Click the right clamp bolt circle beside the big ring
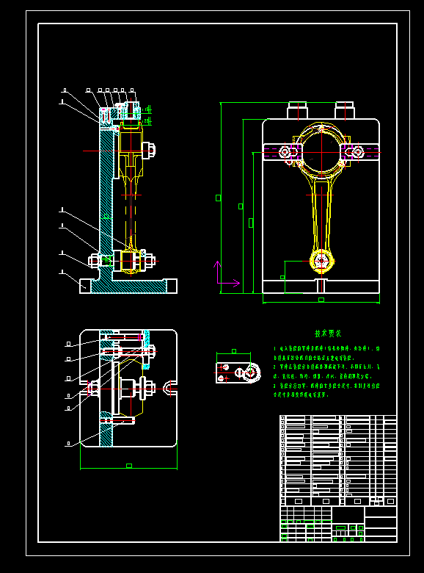coord(357,153)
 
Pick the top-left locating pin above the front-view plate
coord(296,110)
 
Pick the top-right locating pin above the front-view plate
coord(345,110)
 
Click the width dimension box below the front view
coord(321,300)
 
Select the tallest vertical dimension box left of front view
coord(218,197)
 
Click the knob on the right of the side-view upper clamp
coord(152,150)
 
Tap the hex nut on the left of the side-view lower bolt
coord(95,260)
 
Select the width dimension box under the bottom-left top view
coord(128,465)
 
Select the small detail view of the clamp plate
coord(238,372)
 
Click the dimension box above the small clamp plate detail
coord(234,351)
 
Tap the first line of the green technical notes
coord(326,349)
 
